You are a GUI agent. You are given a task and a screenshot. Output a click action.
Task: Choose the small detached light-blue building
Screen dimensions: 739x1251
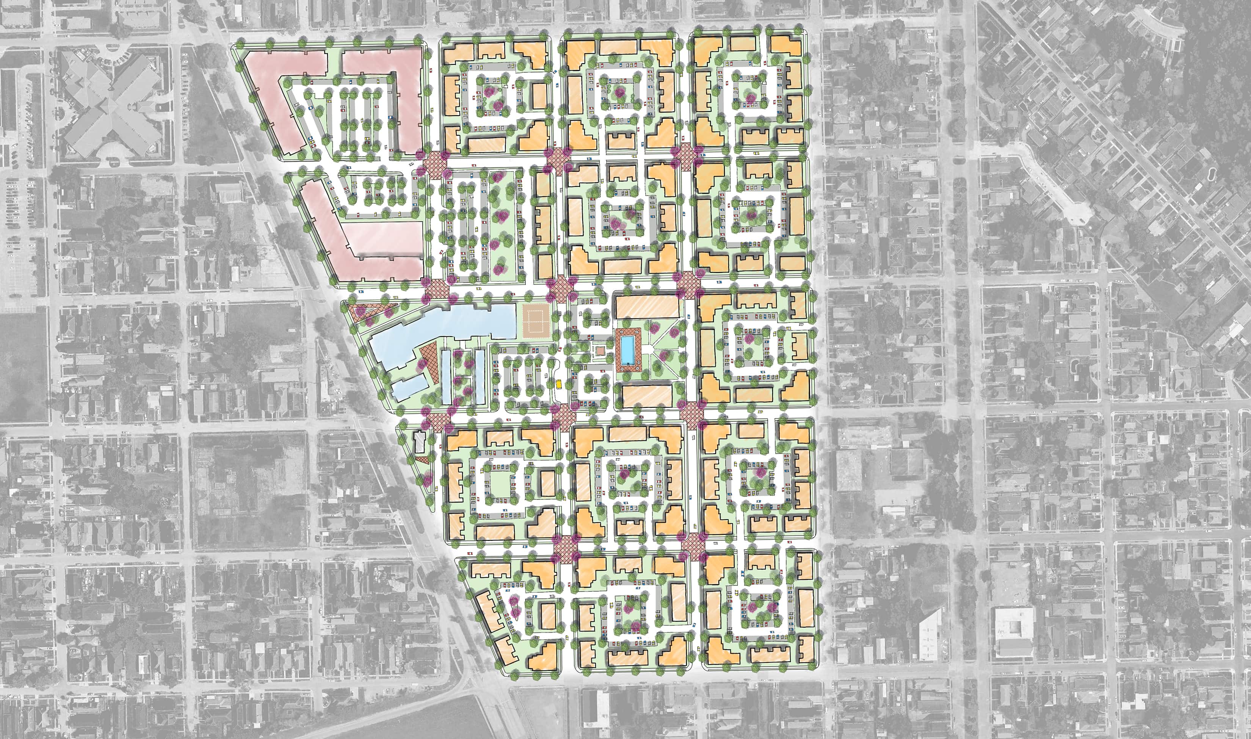(x=409, y=387)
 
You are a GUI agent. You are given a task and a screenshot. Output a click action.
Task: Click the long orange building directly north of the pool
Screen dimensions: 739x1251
(x=647, y=307)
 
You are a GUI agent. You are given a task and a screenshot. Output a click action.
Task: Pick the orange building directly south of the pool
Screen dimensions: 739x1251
(x=647, y=396)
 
